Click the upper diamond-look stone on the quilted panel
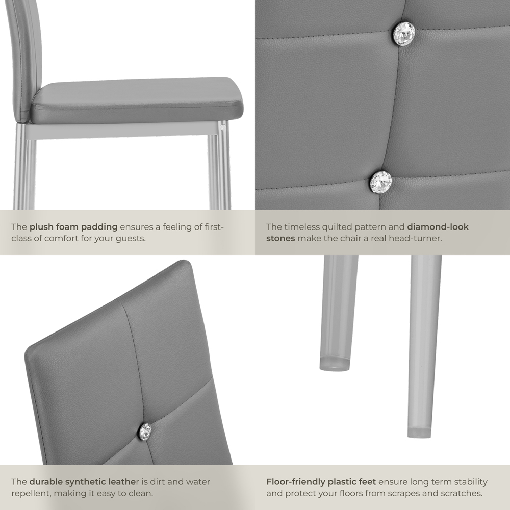[403, 34]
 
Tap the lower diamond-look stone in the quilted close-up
[380, 182]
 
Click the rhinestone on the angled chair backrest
[145, 431]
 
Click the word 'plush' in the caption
[40, 227]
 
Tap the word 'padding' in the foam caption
[99, 227]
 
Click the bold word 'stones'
[280, 238]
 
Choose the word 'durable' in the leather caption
[46, 482]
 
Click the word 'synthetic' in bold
[86, 482]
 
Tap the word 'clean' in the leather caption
[141, 493]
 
